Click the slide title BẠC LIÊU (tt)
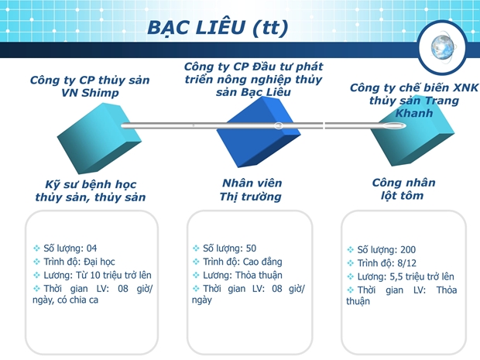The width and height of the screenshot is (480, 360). click(218, 28)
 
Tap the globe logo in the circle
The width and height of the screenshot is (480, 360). click(442, 47)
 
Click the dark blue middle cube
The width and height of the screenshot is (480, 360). click(259, 132)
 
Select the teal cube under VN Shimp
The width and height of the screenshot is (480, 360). click(99, 139)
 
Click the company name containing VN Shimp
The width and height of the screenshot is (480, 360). click(90, 86)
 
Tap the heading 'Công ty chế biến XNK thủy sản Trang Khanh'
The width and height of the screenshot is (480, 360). click(414, 100)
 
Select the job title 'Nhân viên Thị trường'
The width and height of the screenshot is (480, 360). click(251, 190)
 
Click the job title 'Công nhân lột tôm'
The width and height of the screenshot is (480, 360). click(403, 189)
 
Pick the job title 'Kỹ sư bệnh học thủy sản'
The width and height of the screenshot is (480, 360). click(91, 190)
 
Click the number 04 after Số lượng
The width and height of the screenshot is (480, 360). click(91, 249)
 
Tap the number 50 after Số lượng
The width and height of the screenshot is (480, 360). click(251, 249)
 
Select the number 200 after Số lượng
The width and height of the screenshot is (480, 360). click(408, 250)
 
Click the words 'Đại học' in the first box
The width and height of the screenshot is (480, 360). click(99, 262)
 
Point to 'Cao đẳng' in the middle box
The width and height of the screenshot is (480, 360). click(262, 262)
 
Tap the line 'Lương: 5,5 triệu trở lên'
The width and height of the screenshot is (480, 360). click(406, 276)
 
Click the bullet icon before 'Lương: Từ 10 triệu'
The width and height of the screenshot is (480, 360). click(36, 275)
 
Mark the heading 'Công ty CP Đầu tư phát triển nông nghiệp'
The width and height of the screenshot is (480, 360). click(253, 73)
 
